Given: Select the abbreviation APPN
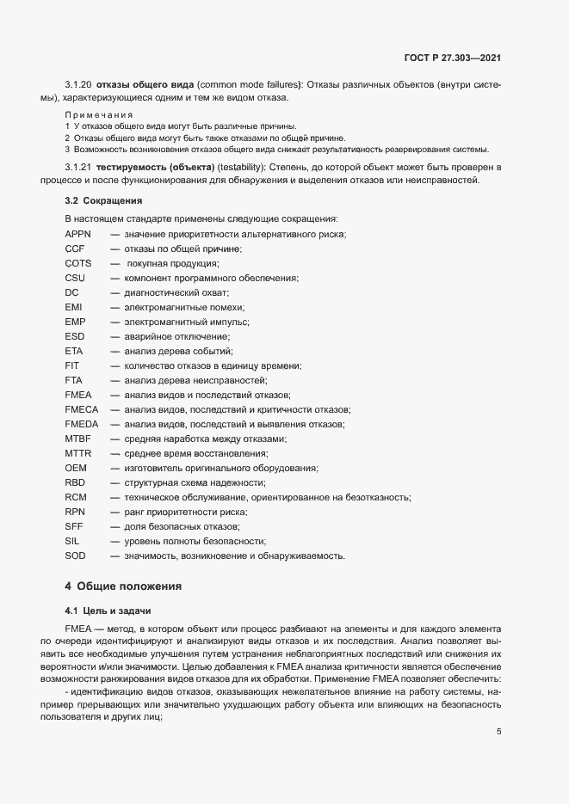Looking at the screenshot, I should tap(78, 235).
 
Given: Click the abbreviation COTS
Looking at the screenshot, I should tap(78, 263).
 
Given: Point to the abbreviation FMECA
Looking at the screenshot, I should tap(82, 409).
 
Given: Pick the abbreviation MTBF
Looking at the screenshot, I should tap(78, 439).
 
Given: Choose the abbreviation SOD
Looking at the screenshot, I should tap(76, 555).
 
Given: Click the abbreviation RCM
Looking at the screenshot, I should tap(76, 497).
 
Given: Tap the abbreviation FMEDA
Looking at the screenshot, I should tap(82, 424).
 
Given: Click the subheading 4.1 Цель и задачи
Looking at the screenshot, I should tap(108, 611).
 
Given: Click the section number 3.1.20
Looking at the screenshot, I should tap(78, 85).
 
